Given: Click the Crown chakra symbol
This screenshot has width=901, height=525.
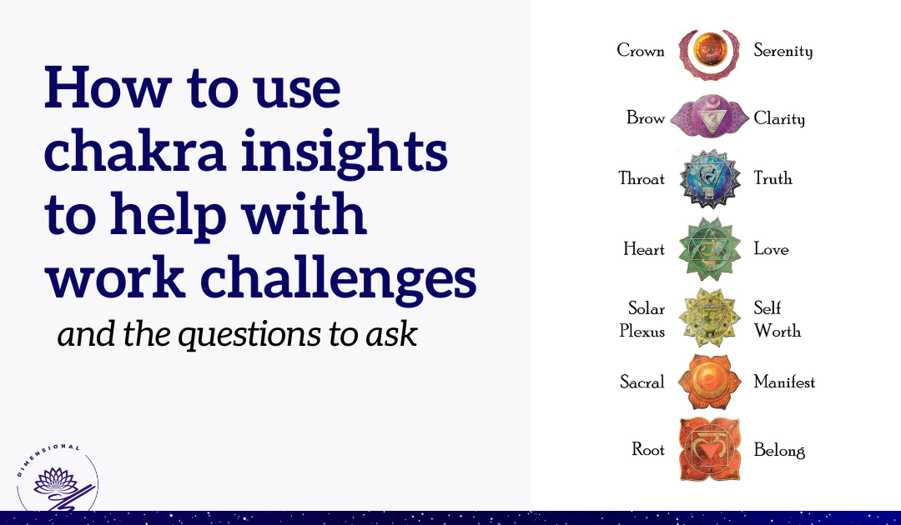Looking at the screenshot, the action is point(709,54).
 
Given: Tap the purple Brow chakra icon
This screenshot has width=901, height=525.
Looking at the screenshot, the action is point(710,117).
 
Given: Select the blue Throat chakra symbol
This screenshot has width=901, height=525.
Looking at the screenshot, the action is point(710,179).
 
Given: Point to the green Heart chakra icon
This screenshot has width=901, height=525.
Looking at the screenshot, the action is point(710,249).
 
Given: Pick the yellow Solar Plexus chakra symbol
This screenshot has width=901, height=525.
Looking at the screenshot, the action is point(710,317).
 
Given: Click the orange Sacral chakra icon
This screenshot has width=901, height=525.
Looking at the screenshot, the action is point(709,382).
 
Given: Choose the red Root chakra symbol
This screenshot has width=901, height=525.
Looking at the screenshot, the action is point(710,449).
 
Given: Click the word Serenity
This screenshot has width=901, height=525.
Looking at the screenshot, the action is point(783,51).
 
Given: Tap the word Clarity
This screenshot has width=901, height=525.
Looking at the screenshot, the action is point(779,119).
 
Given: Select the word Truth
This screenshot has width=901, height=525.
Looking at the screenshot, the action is point(773,178).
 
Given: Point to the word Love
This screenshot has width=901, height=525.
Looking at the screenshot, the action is point(771,249).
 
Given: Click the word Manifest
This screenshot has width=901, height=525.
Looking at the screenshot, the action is point(784,382).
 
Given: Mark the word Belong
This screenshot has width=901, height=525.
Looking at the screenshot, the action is point(779,450).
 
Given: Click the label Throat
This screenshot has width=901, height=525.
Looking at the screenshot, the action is point(642,178).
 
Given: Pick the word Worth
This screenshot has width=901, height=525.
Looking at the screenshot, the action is point(778,331).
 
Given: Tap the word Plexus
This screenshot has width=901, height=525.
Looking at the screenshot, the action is point(642,331).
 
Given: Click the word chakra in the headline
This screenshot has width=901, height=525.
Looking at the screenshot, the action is point(135,151).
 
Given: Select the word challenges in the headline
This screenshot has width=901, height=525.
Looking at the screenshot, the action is point(339,277).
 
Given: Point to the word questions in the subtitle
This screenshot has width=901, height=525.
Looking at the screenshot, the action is point(249,335).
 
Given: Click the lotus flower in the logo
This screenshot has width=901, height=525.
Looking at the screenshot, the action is point(55,482).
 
